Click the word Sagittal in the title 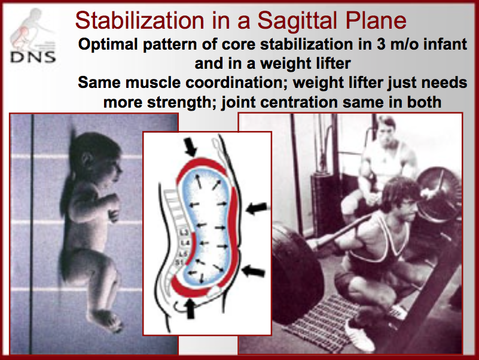298,21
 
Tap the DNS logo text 33,57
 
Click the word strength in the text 182,102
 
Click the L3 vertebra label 184,233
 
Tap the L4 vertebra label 185,243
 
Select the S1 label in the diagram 179,262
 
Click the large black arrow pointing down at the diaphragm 191,147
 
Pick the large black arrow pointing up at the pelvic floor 190,308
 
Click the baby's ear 87,160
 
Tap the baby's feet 105,320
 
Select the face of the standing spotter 386,134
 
